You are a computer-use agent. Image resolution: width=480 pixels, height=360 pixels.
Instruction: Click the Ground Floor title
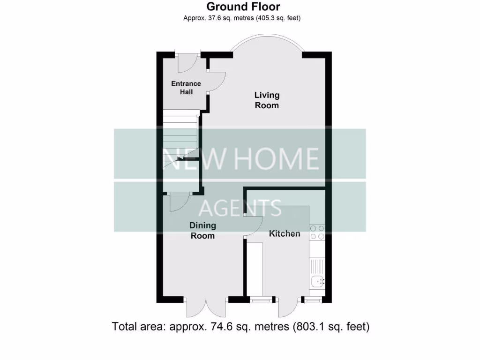tap(243, 7)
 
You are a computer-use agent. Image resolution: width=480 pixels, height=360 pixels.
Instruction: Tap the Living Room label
tap(267, 100)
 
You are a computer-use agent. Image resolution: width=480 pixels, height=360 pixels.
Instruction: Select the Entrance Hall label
tap(186, 88)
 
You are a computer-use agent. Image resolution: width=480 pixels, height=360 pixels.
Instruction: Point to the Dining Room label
tap(202, 231)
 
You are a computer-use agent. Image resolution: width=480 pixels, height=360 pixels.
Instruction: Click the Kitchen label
tap(284, 233)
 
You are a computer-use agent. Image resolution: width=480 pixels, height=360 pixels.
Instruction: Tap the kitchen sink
tap(318, 281)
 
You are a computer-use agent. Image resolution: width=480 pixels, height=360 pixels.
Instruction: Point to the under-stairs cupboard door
tap(179, 203)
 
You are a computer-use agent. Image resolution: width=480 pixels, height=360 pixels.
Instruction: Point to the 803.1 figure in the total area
tap(307, 326)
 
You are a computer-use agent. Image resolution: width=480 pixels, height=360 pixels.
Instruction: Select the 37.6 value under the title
tap(210, 18)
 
